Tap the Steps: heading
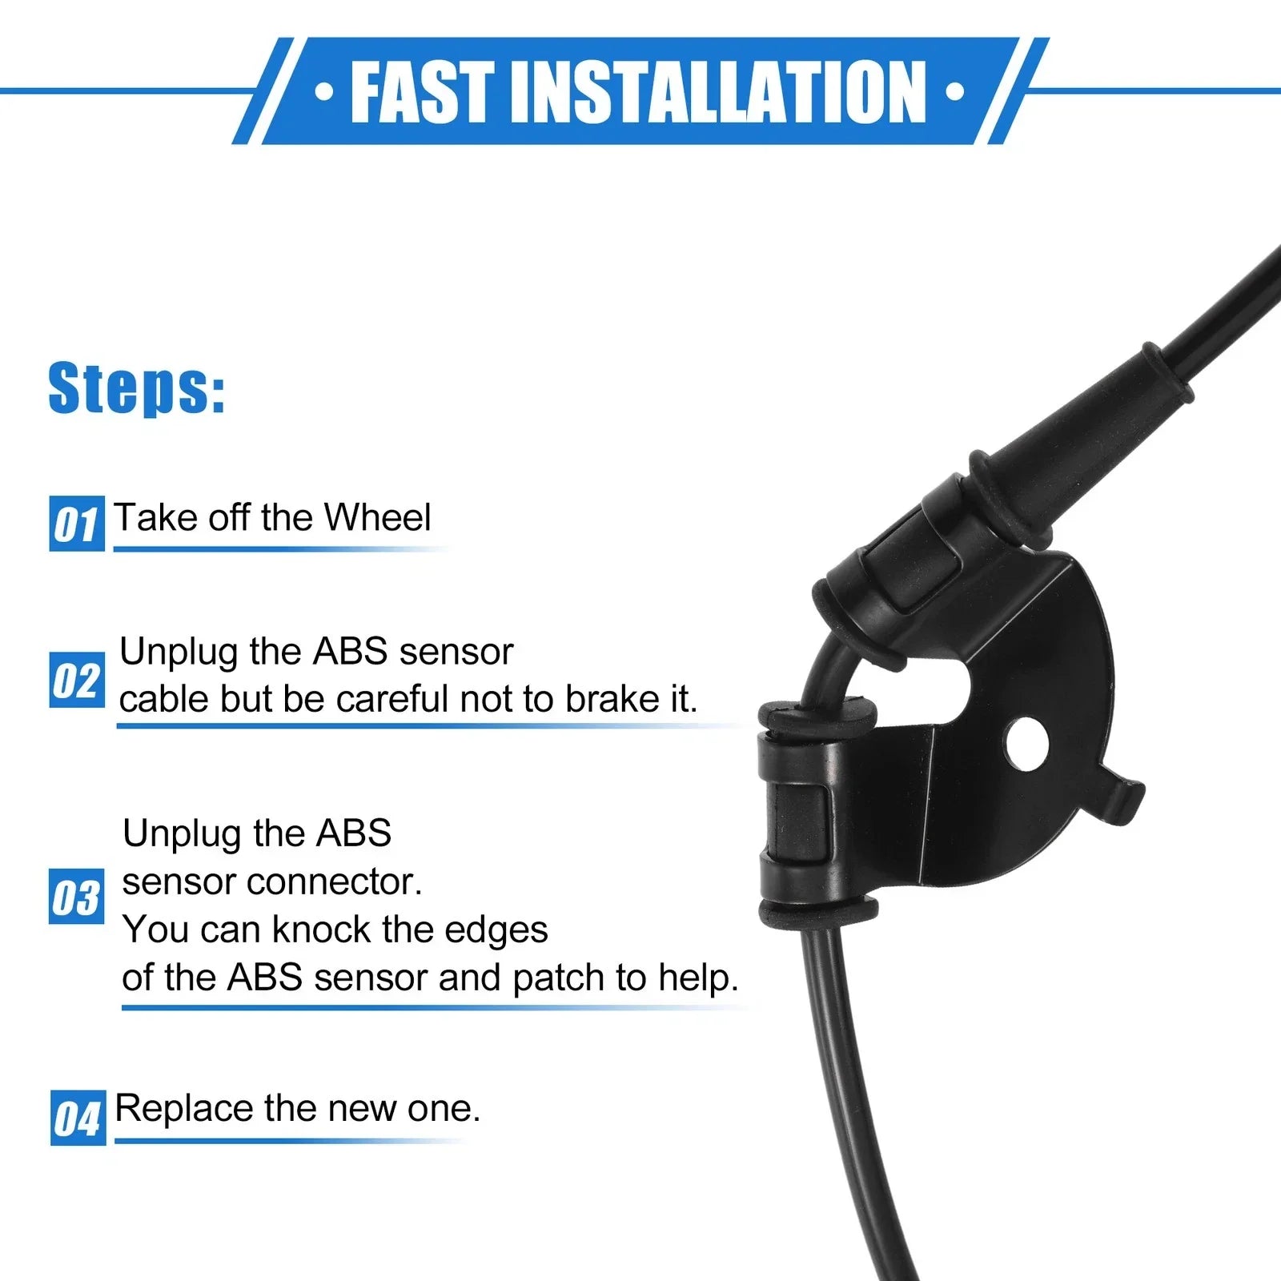(x=137, y=389)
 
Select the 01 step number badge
(x=77, y=524)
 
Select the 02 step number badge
(x=77, y=680)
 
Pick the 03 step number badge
(x=77, y=896)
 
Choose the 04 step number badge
(x=78, y=1118)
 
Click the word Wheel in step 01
(x=377, y=517)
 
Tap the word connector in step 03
(x=334, y=882)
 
